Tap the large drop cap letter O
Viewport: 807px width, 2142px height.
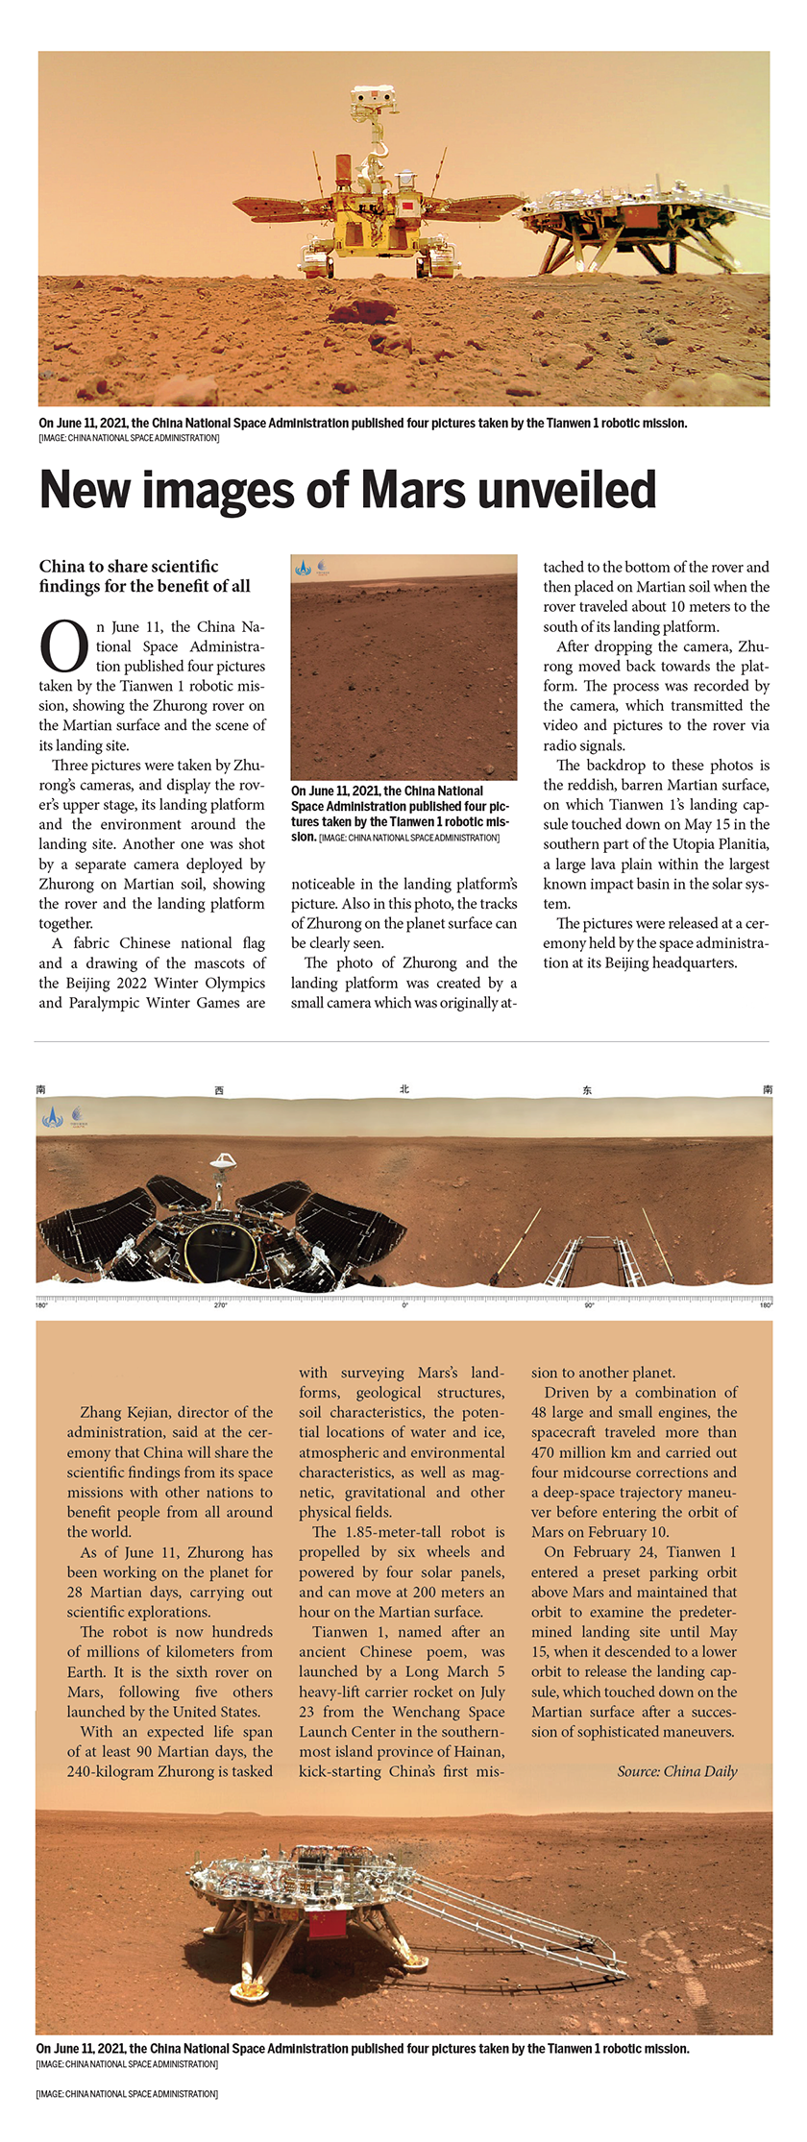point(63,647)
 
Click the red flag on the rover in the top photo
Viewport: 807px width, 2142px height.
point(405,207)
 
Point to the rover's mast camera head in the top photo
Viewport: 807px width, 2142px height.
point(374,98)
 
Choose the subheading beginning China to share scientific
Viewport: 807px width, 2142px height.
point(144,576)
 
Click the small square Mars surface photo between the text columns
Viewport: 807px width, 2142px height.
point(403,667)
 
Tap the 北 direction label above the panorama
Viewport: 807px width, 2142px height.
point(404,1088)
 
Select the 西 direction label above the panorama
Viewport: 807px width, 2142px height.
point(219,1090)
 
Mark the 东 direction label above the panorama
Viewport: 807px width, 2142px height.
point(587,1090)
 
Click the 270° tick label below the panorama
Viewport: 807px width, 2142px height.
point(221,1305)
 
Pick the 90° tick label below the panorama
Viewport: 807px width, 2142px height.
point(589,1305)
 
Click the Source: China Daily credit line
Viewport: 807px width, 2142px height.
point(676,1771)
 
